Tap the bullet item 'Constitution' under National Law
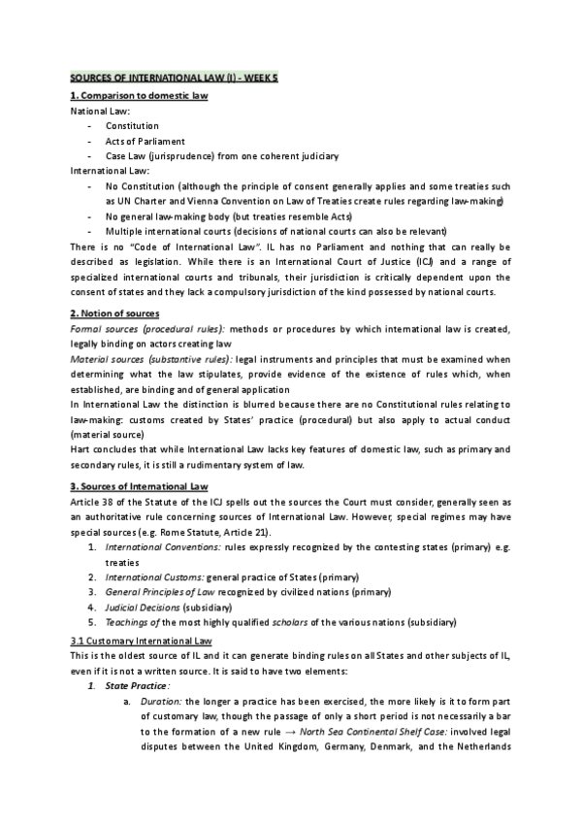133,126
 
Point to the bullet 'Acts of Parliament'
145,141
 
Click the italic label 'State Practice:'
137,687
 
